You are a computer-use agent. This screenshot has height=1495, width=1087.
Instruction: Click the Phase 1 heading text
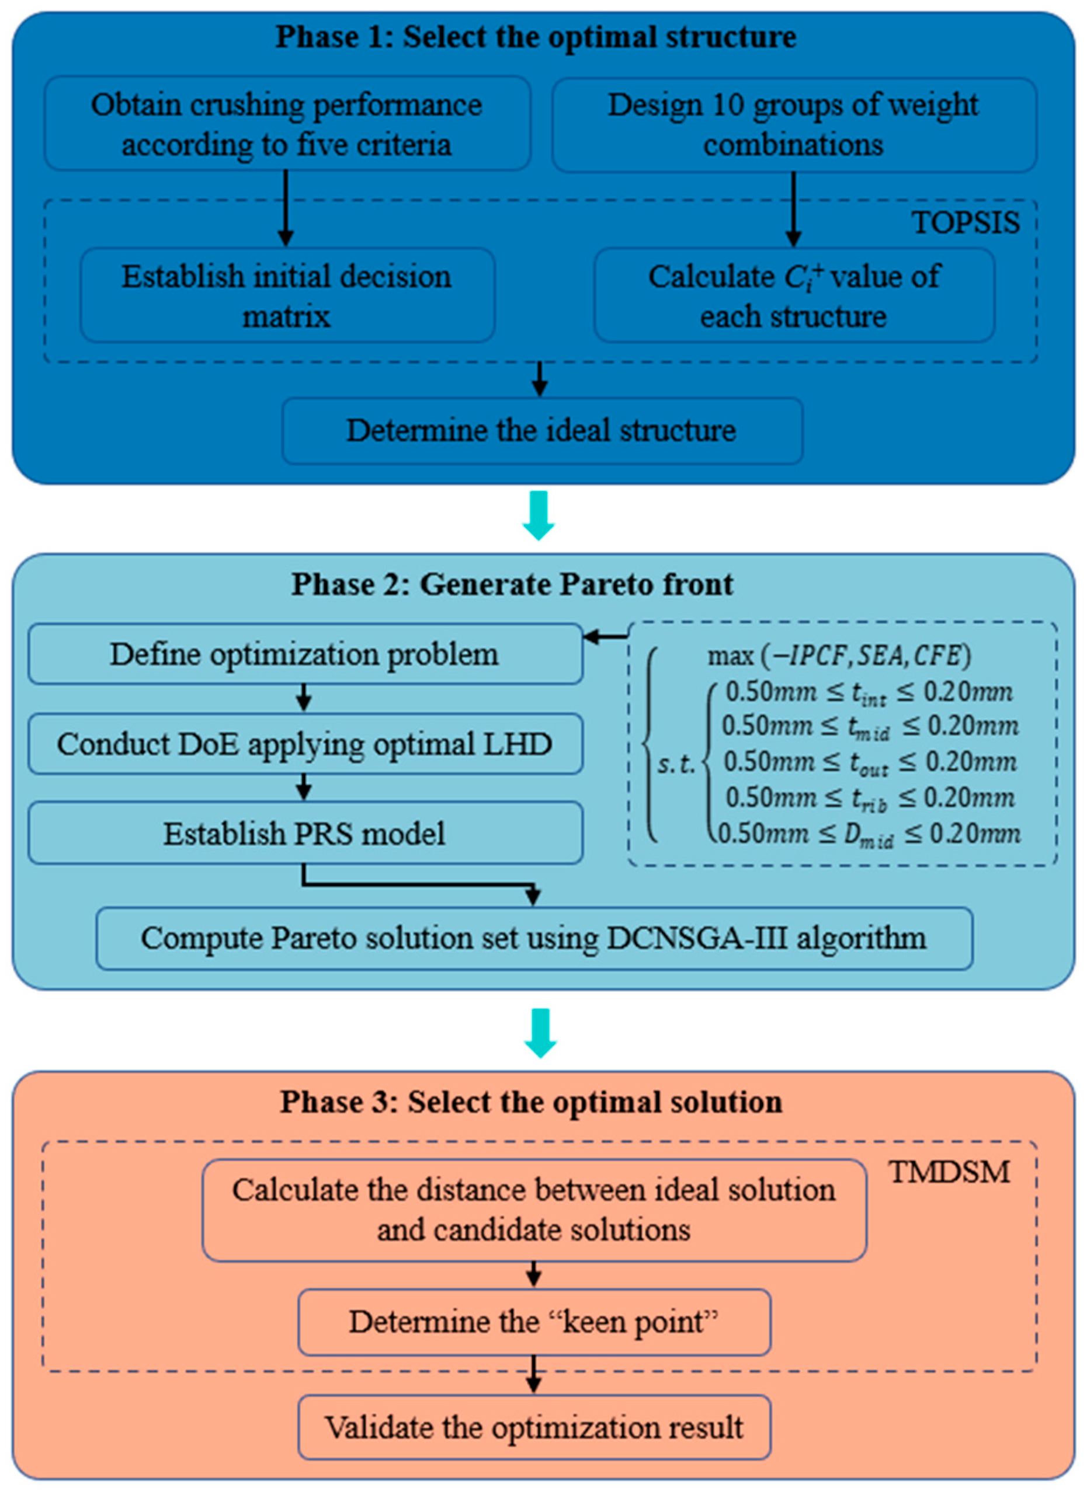tap(535, 37)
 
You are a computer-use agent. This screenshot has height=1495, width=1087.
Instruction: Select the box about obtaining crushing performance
tap(287, 124)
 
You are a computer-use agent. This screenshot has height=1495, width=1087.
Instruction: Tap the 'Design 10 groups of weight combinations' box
tap(793, 124)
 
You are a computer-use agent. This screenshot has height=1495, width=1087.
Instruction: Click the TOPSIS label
tap(966, 224)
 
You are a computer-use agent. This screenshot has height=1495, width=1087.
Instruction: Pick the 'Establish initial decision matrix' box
tap(287, 295)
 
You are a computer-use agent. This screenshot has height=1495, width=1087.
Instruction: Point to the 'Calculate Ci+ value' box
tap(793, 295)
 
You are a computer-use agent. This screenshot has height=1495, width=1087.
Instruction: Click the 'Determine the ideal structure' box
tap(541, 430)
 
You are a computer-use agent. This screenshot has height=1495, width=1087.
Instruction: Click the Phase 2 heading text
tap(512, 584)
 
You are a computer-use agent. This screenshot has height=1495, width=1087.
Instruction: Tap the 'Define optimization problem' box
tap(305, 654)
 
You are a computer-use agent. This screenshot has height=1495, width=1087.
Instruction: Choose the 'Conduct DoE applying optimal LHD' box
tap(305, 744)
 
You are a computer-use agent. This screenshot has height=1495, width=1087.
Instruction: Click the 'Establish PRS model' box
tap(305, 833)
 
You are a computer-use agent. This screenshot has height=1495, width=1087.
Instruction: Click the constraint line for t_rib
tap(869, 798)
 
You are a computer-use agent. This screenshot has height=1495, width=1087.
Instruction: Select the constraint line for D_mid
tap(869, 835)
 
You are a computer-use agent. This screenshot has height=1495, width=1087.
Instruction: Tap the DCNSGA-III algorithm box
tap(534, 938)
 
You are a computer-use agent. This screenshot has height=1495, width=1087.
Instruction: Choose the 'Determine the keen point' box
tap(534, 1322)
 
